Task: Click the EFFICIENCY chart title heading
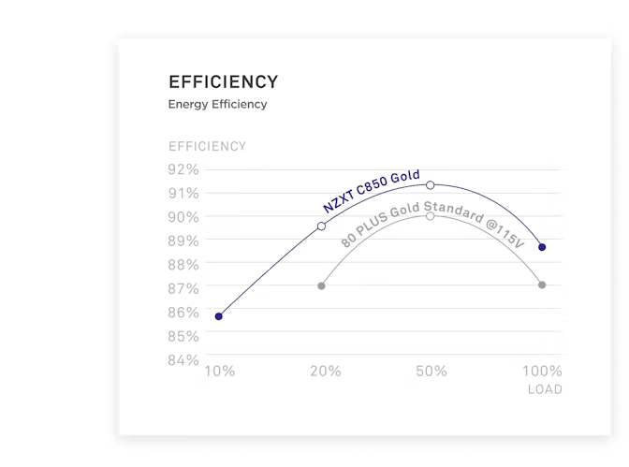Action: pyautogui.click(x=223, y=81)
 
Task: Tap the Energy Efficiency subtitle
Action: pyautogui.click(x=217, y=104)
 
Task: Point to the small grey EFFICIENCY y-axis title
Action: pyautogui.click(x=207, y=146)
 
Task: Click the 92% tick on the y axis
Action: pyautogui.click(x=183, y=169)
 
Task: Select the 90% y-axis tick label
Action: pyautogui.click(x=183, y=217)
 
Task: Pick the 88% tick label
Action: pyautogui.click(x=183, y=265)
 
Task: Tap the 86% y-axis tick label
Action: pyautogui.click(x=183, y=313)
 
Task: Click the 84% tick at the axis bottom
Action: pyautogui.click(x=183, y=360)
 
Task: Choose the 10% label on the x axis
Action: pyautogui.click(x=219, y=372)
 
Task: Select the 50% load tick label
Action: pyautogui.click(x=431, y=372)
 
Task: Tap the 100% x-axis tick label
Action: pyautogui.click(x=541, y=372)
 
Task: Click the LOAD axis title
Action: pyautogui.click(x=545, y=389)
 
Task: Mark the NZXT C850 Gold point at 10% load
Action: pyautogui.click(x=219, y=316)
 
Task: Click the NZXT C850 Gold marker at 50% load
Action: pyautogui.click(x=431, y=185)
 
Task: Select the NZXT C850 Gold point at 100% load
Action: pyautogui.click(x=542, y=247)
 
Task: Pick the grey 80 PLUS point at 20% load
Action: pyautogui.click(x=321, y=285)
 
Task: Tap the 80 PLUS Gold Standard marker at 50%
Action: pyautogui.click(x=431, y=215)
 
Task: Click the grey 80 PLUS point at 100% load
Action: pyautogui.click(x=542, y=285)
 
